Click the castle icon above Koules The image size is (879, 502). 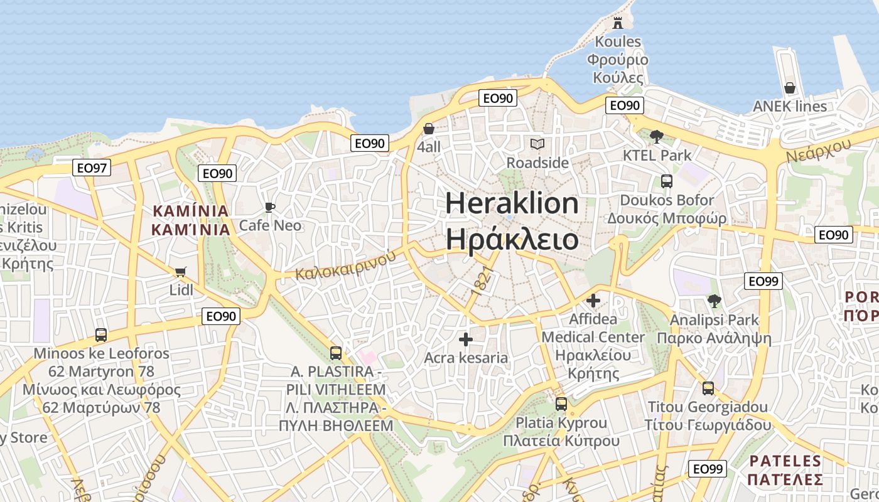click(x=618, y=23)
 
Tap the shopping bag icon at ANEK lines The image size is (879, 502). click(x=790, y=88)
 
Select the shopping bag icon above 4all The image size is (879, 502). click(x=429, y=129)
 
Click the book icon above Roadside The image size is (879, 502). click(x=537, y=144)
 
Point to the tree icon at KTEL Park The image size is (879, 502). click(x=657, y=136)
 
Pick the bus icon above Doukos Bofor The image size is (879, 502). click(x=666, y=181)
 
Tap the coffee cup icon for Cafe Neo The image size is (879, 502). click(x=270, y=207)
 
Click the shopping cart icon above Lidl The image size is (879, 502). click(x=181, y=272)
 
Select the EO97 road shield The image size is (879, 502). click(x=92, y=168)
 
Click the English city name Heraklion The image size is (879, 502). click(x=512, y=204)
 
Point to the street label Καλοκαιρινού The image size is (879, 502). click(x=346, y=265)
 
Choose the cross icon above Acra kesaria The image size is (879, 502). click(x=465, y=339)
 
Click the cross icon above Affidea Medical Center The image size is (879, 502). click(x=593, y=301)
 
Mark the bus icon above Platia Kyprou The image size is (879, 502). click(x=561, y=404)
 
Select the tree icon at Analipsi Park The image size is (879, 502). click(x=714, y=301)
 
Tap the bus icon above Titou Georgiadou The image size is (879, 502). click(x=708, y=388)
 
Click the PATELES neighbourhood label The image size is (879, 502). click(x=785, y=461)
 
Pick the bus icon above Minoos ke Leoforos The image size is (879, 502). click(x=100, y=335)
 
